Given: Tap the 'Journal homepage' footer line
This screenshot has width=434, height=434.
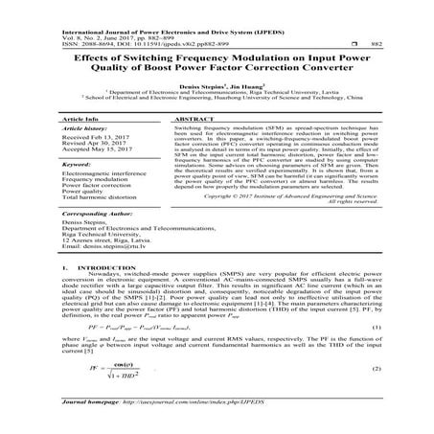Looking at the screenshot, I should pyautogui.click(x=154, y=418).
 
